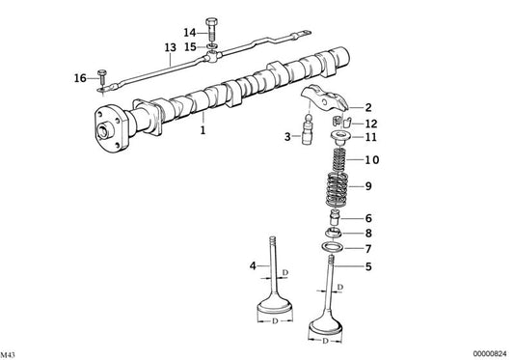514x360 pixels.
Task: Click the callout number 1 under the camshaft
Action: click(203, 127)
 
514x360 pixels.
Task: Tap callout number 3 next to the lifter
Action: click(286, 138)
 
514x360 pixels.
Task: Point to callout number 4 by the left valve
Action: click(254, 264)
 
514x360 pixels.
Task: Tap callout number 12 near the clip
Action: click(371, 123)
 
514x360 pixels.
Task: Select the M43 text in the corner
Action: click(11, 353)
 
